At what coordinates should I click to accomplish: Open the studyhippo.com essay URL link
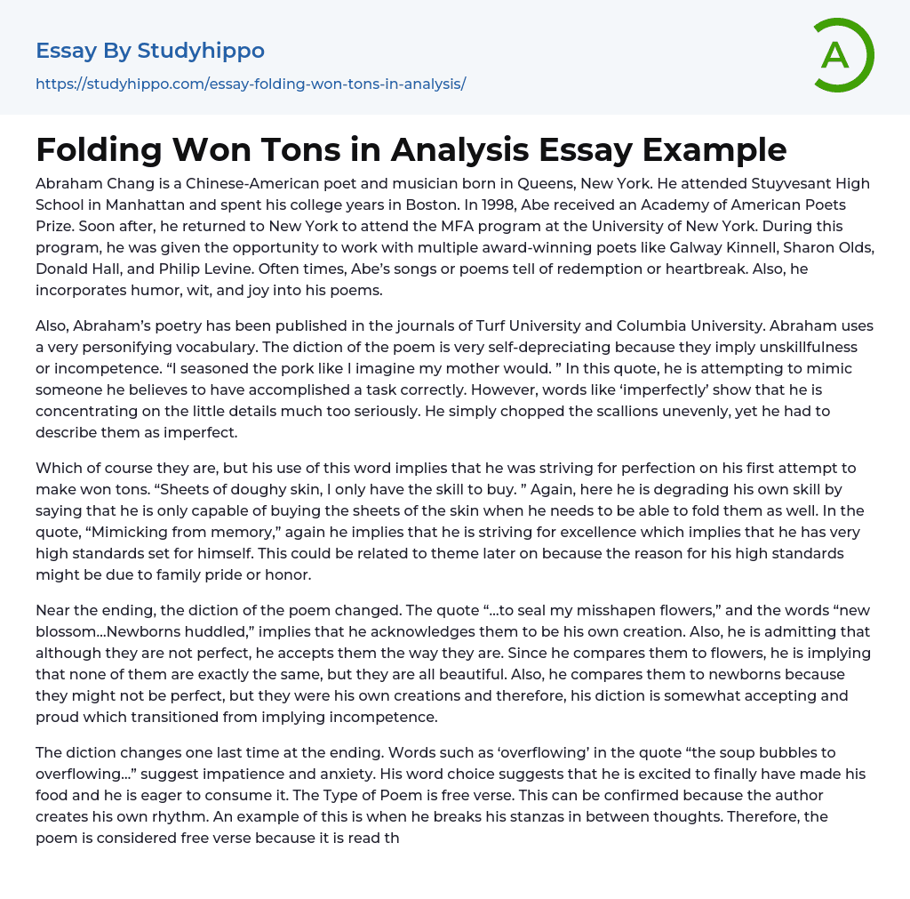point(251,84)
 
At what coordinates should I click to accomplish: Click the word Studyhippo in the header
point(201,51)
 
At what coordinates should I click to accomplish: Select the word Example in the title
point(714,150)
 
